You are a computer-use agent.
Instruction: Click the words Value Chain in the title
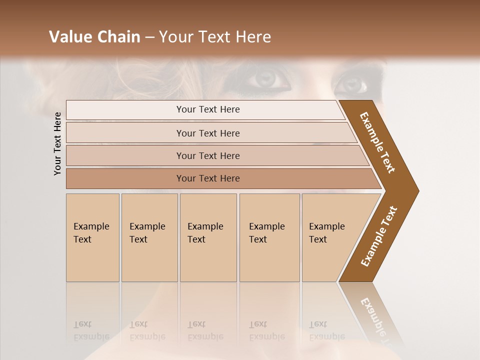[94, 37]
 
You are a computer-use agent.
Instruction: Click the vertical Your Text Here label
[57, 143]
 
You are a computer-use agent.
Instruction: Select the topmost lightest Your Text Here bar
[207, 109]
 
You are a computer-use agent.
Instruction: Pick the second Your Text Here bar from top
[207, 133]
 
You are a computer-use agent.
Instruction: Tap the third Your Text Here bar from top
[207, 155]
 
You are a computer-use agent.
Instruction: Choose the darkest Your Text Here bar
[207, 178]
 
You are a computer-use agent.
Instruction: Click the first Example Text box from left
[92, 237]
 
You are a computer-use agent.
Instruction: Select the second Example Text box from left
[149, 237]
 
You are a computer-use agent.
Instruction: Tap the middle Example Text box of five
[208, 237]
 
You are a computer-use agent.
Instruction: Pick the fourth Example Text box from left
[269, 237]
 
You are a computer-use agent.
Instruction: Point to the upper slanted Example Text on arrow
[378, 142]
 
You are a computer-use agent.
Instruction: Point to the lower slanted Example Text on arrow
[379, 236]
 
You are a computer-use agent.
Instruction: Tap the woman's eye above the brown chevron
[352, 83]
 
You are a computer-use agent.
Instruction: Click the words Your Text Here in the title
[215, 37]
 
